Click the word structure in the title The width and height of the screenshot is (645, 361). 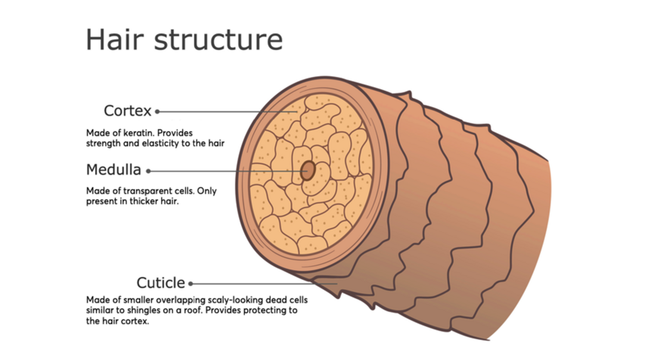pyautogui.click(x=219, y=40)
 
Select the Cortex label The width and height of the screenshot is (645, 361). pyautogui.click(x=128, y=111)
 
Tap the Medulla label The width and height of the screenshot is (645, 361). pyautogui.click(x=113, y=170)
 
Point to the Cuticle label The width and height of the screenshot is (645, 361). pyautogui.click(x=160, y=283)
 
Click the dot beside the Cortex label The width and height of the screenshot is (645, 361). pyautogui.click(x=157, y=112)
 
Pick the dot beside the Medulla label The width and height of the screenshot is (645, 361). pyautogui.click(x=149, y=171)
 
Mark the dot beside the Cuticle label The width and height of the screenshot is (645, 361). pyautogui.click(x=191, y=284)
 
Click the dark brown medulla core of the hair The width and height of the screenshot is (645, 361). pyautogui.click(x=308, y=171)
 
